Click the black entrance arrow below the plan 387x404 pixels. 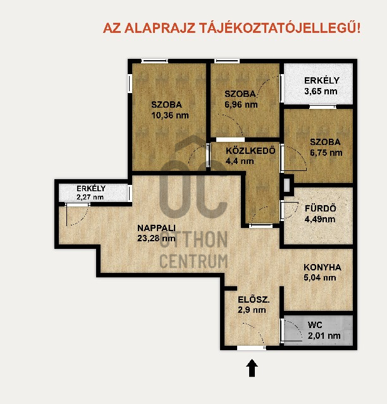252,368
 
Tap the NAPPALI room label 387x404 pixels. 156,228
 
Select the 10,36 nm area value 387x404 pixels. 170,115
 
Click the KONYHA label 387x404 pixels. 322,267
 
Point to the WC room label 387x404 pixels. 315,325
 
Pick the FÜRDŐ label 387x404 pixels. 321,208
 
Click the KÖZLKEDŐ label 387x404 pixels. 250,151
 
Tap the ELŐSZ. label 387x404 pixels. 254,300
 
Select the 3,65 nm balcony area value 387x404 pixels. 321,91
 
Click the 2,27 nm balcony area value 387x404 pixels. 90,197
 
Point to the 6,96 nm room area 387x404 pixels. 241,104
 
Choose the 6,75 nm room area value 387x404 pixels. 326,153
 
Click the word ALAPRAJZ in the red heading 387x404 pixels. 159,28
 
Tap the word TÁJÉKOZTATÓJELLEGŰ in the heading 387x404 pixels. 280,28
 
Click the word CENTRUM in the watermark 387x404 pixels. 193,261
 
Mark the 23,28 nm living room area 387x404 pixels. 156,238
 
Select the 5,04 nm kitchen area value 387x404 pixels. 320,277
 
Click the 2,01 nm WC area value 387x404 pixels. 324,336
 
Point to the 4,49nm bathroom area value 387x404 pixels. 320,219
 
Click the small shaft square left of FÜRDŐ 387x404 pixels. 286,184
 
